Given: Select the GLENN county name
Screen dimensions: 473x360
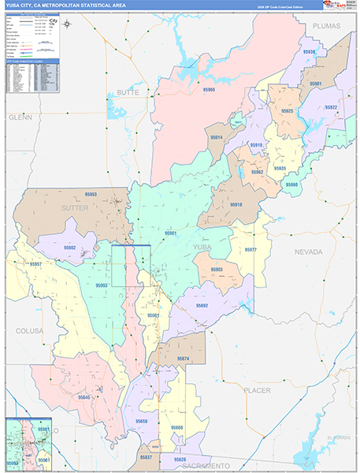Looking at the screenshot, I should point(20,117).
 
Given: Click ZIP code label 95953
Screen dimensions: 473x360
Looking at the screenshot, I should point(91,194).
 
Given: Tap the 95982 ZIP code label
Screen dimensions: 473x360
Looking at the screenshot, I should point(69,248).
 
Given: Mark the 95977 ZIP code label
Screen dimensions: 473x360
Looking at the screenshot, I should point(251,250).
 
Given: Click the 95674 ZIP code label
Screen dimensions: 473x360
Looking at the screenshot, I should point(183,359).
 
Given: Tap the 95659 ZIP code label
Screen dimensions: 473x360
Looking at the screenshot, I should point(142,421).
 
